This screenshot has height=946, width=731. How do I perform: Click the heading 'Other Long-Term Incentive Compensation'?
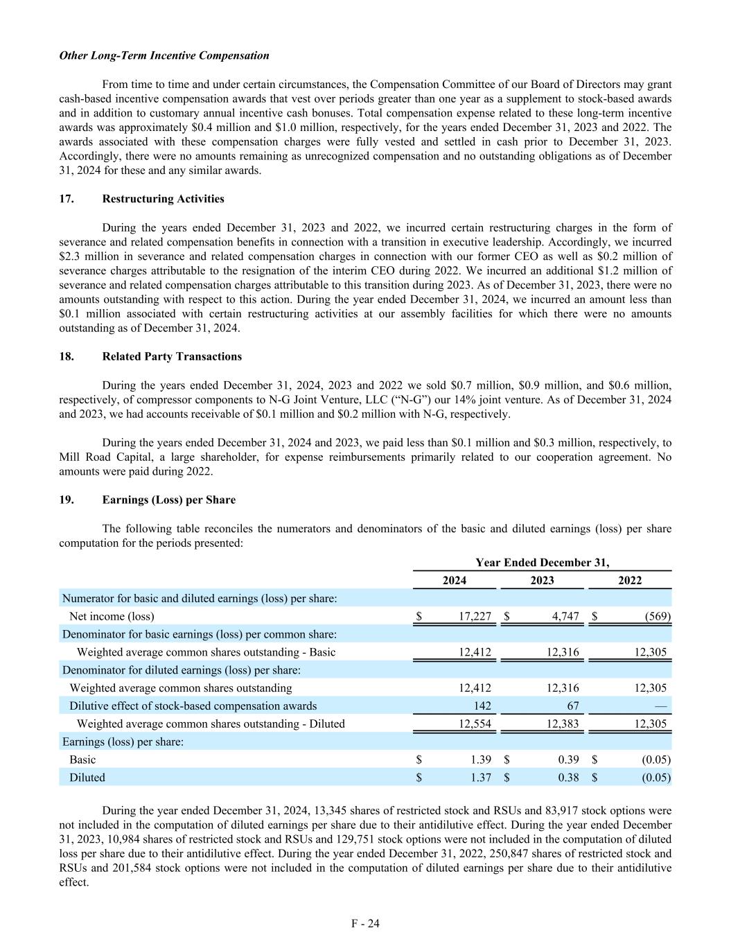[164, 55]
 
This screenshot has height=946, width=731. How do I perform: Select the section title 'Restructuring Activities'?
[163, 199]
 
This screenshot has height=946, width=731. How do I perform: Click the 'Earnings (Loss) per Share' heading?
[168, 500]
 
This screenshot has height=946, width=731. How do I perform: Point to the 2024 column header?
[455, 580]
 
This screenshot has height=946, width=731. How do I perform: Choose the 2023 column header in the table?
[542, 580]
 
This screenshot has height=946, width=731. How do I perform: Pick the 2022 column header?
[630, 580]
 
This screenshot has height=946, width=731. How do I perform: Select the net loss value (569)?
[658, 616]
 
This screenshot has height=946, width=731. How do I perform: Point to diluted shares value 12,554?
[475, 724]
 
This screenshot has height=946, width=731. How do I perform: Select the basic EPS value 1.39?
[481, 760]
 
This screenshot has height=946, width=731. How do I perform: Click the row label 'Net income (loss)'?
[112, 616]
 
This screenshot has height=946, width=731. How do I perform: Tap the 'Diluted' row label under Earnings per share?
[87, 778]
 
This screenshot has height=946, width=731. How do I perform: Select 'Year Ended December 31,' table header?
[542, 563]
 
